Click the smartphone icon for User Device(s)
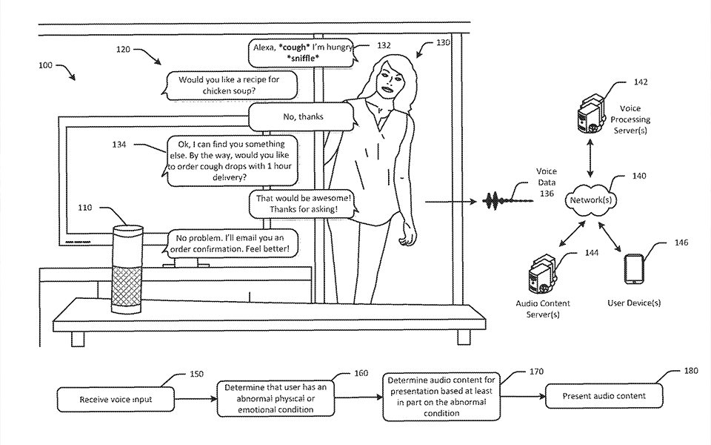click(x=634, y=271)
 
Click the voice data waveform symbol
click(x=498, y=201)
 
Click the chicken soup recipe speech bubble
click(x=221, y=85)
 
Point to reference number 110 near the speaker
click(x=84, y=208)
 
